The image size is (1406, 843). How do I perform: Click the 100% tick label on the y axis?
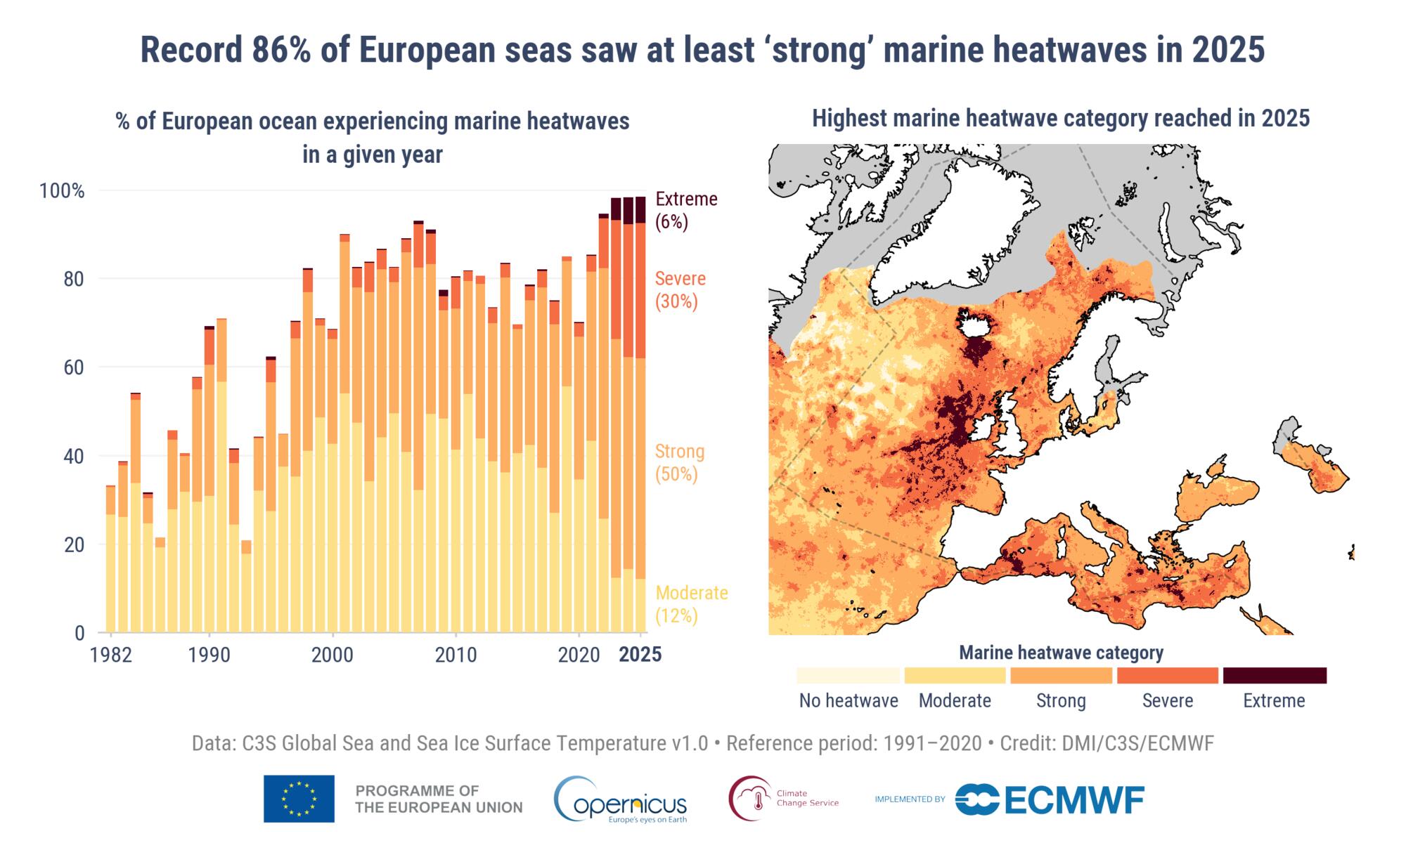pos(62,191)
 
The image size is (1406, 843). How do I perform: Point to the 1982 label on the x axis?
pos(111,655)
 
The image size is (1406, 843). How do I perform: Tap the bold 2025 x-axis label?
pos(640,655)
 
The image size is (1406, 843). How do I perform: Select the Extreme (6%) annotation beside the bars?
pos(686,210)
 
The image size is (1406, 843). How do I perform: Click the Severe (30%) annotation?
pos(679,289)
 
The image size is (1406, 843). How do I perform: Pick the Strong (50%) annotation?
pos(679,462)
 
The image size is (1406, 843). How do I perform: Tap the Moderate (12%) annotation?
pos(690,604)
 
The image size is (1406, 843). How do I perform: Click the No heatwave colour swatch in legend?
pos(848,675)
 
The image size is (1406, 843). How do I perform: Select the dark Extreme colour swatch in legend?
pos(1274,675)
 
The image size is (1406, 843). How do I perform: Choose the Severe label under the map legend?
pos(1167,700)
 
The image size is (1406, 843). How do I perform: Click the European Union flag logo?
pos(299,799)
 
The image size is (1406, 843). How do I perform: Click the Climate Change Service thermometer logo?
pos(750,798)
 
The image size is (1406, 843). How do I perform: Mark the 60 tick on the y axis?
pos(74,367)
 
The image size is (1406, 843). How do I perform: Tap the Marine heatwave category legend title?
pos(1061,653)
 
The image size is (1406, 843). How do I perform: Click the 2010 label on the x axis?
pos(456,655)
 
